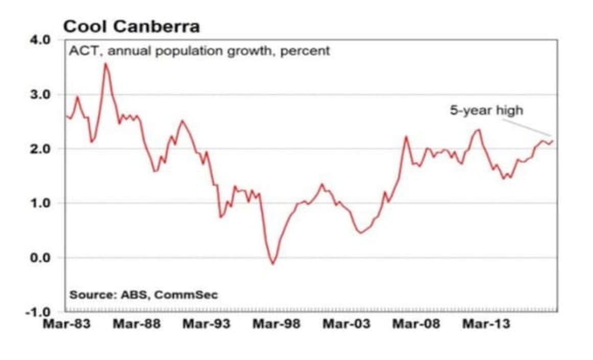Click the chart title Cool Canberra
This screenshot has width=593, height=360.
pyautogui.click(x=131, y=26)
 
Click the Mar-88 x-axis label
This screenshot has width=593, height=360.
pyautogui.click(x=136, y=324)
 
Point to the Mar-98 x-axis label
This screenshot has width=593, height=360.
pyautogui.click(x=277, y=324)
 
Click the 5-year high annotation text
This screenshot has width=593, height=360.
pyautogui.click(x=486, y=110)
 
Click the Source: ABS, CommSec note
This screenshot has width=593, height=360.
pyautogui.click(x=143, y=295)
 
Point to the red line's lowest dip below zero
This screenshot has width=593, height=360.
pyautogui.click(x=273, y=264)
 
